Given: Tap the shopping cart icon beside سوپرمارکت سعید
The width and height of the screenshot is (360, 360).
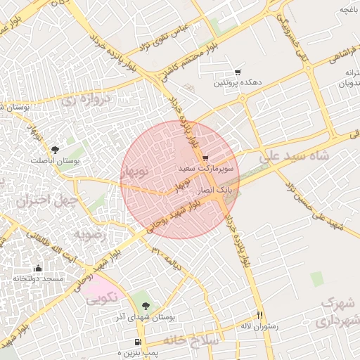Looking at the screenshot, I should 205,158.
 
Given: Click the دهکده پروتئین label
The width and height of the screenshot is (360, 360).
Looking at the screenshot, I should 239,83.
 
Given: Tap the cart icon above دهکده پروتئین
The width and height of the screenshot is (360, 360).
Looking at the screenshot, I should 238,72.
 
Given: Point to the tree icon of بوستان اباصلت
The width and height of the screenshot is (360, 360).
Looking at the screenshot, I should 55,149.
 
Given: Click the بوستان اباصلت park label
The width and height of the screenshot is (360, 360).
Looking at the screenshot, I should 56,160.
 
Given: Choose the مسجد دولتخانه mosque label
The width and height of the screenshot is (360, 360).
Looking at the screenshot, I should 38,279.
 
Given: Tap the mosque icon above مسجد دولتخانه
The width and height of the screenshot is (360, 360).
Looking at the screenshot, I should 38,268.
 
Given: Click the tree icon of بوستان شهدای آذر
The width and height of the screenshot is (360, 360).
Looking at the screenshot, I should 146,306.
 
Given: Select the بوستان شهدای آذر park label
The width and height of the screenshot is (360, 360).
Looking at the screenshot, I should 146,317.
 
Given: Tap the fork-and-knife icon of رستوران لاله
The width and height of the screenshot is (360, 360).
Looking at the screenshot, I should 260,315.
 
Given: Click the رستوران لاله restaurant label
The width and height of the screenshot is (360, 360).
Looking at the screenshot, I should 260,326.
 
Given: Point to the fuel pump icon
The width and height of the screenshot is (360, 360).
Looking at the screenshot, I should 137,342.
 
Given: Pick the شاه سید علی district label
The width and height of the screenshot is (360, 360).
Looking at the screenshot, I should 295,160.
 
